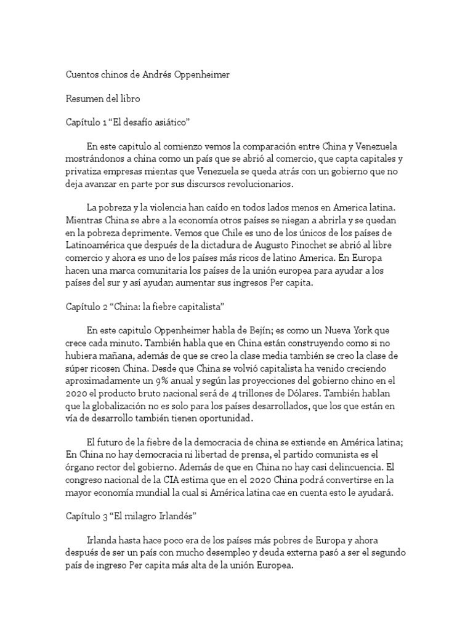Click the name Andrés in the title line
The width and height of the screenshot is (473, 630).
click(x=158, y=75)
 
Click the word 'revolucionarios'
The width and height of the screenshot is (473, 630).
click(x=252, y=185)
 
